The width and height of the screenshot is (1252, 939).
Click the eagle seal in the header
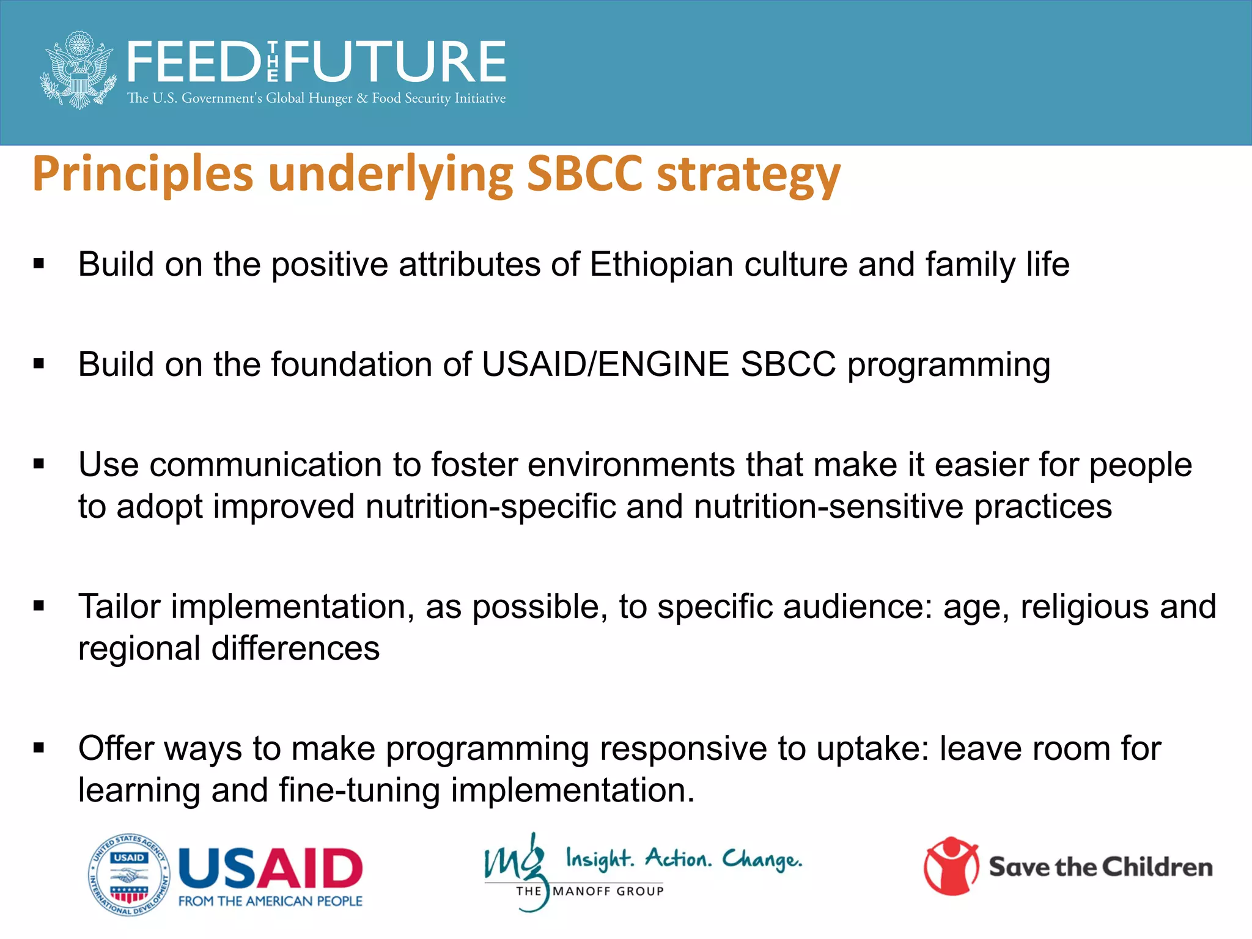click(x=78, y=70)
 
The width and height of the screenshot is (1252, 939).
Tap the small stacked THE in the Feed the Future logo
click(x=273, y=62)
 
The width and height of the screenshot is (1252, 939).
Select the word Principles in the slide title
click(x=142, y=174)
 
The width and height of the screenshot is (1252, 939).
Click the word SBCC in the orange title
click(x=584, y=174)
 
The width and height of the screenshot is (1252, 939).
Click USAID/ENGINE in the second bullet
click(x=605, y=365)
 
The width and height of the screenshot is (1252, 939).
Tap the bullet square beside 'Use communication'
click(x=39, y=465)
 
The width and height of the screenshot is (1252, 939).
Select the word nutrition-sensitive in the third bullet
click(x=828, y=507)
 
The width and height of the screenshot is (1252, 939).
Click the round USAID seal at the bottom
click(x=129, y=875)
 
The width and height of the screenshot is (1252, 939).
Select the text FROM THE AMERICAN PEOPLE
click(x=270, y=901)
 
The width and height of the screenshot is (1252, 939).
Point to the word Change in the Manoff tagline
click(x=762, y=860)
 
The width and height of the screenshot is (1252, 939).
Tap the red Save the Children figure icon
click(x=951, y=866)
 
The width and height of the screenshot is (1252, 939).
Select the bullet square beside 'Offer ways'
click(x=39, y=748)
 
